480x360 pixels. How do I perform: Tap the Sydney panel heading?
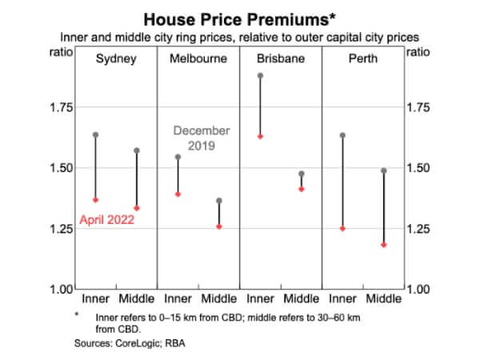tap(116, 58)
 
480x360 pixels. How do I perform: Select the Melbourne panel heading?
tap(198, 58)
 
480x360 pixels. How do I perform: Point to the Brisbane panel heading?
tap(281, 58)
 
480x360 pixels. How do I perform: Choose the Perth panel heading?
tap(363, 58)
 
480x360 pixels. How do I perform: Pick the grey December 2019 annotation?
tap(202, 138)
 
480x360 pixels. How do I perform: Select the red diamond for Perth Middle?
tap(383, 245)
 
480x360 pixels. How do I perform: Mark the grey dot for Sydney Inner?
tap(95, 134)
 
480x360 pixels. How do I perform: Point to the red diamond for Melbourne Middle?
tap(219, 226)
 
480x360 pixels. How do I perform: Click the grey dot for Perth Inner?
tap(342, 135)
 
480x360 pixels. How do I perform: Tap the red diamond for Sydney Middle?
tap(137, 208)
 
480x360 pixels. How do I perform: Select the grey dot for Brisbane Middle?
tap(302, 174)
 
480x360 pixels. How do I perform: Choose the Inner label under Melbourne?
tap(178, 299)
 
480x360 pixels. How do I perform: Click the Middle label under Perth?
tap(383, 299)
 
